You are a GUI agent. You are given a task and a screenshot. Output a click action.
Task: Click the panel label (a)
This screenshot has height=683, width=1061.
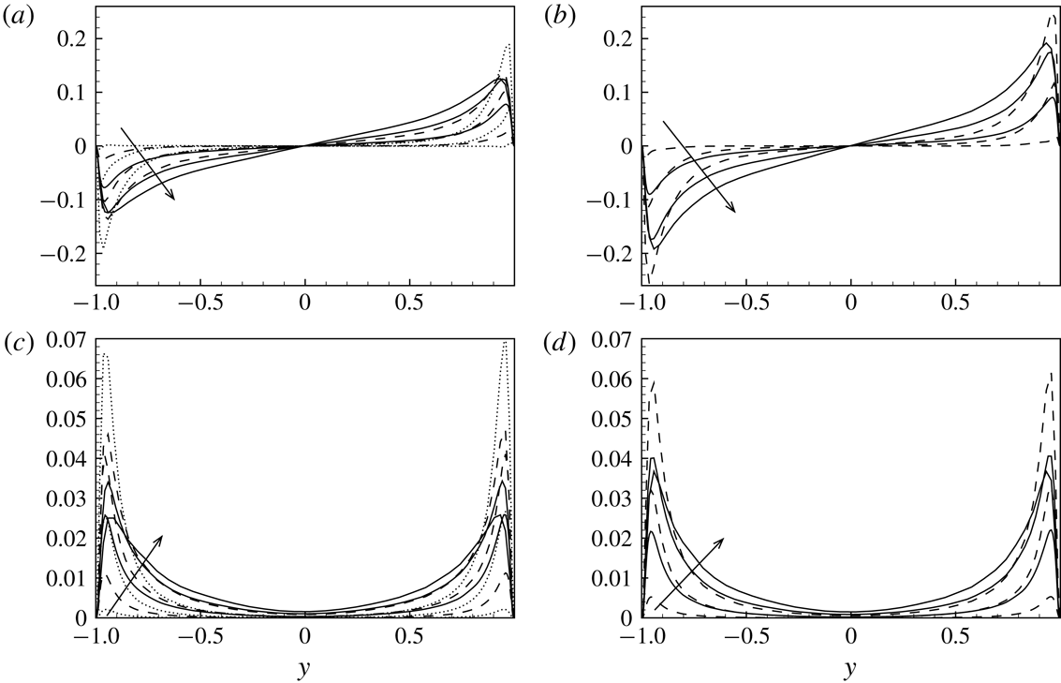(x=17, y=14)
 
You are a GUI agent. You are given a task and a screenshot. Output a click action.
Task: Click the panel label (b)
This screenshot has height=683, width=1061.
(x=563, y=14)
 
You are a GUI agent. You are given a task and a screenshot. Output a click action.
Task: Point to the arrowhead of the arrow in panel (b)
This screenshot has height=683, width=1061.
(x=734, y=212)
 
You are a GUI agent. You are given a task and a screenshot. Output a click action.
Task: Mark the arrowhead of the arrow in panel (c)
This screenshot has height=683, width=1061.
(x=162, y=537)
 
